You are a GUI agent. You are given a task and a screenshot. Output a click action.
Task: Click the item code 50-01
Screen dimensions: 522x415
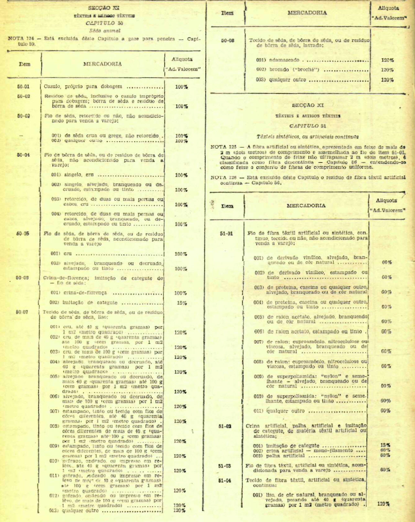click(x=23, y=87)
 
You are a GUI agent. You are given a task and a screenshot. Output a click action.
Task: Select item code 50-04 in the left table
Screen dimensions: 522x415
click(x=23, y=155)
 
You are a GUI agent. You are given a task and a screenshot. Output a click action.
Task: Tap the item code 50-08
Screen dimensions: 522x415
click(x=228, y=41)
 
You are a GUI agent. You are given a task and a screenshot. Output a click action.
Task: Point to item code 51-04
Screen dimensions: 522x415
click(x=225, y=480)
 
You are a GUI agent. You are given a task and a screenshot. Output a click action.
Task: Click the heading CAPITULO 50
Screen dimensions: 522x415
click(x=104, y=23)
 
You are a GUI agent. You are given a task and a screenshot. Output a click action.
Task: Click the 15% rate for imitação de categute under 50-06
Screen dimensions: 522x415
click(x=182, y=303)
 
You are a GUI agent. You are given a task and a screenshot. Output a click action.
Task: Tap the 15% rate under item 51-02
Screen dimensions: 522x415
click(x=385, y=445)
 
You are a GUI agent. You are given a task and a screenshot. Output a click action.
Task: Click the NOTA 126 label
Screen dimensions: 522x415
click(x=223, y=178)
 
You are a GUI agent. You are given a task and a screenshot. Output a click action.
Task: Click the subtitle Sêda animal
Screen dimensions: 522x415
click(x=105, y=31)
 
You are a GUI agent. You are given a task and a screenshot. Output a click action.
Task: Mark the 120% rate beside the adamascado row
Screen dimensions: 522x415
click(x=387, y=60)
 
